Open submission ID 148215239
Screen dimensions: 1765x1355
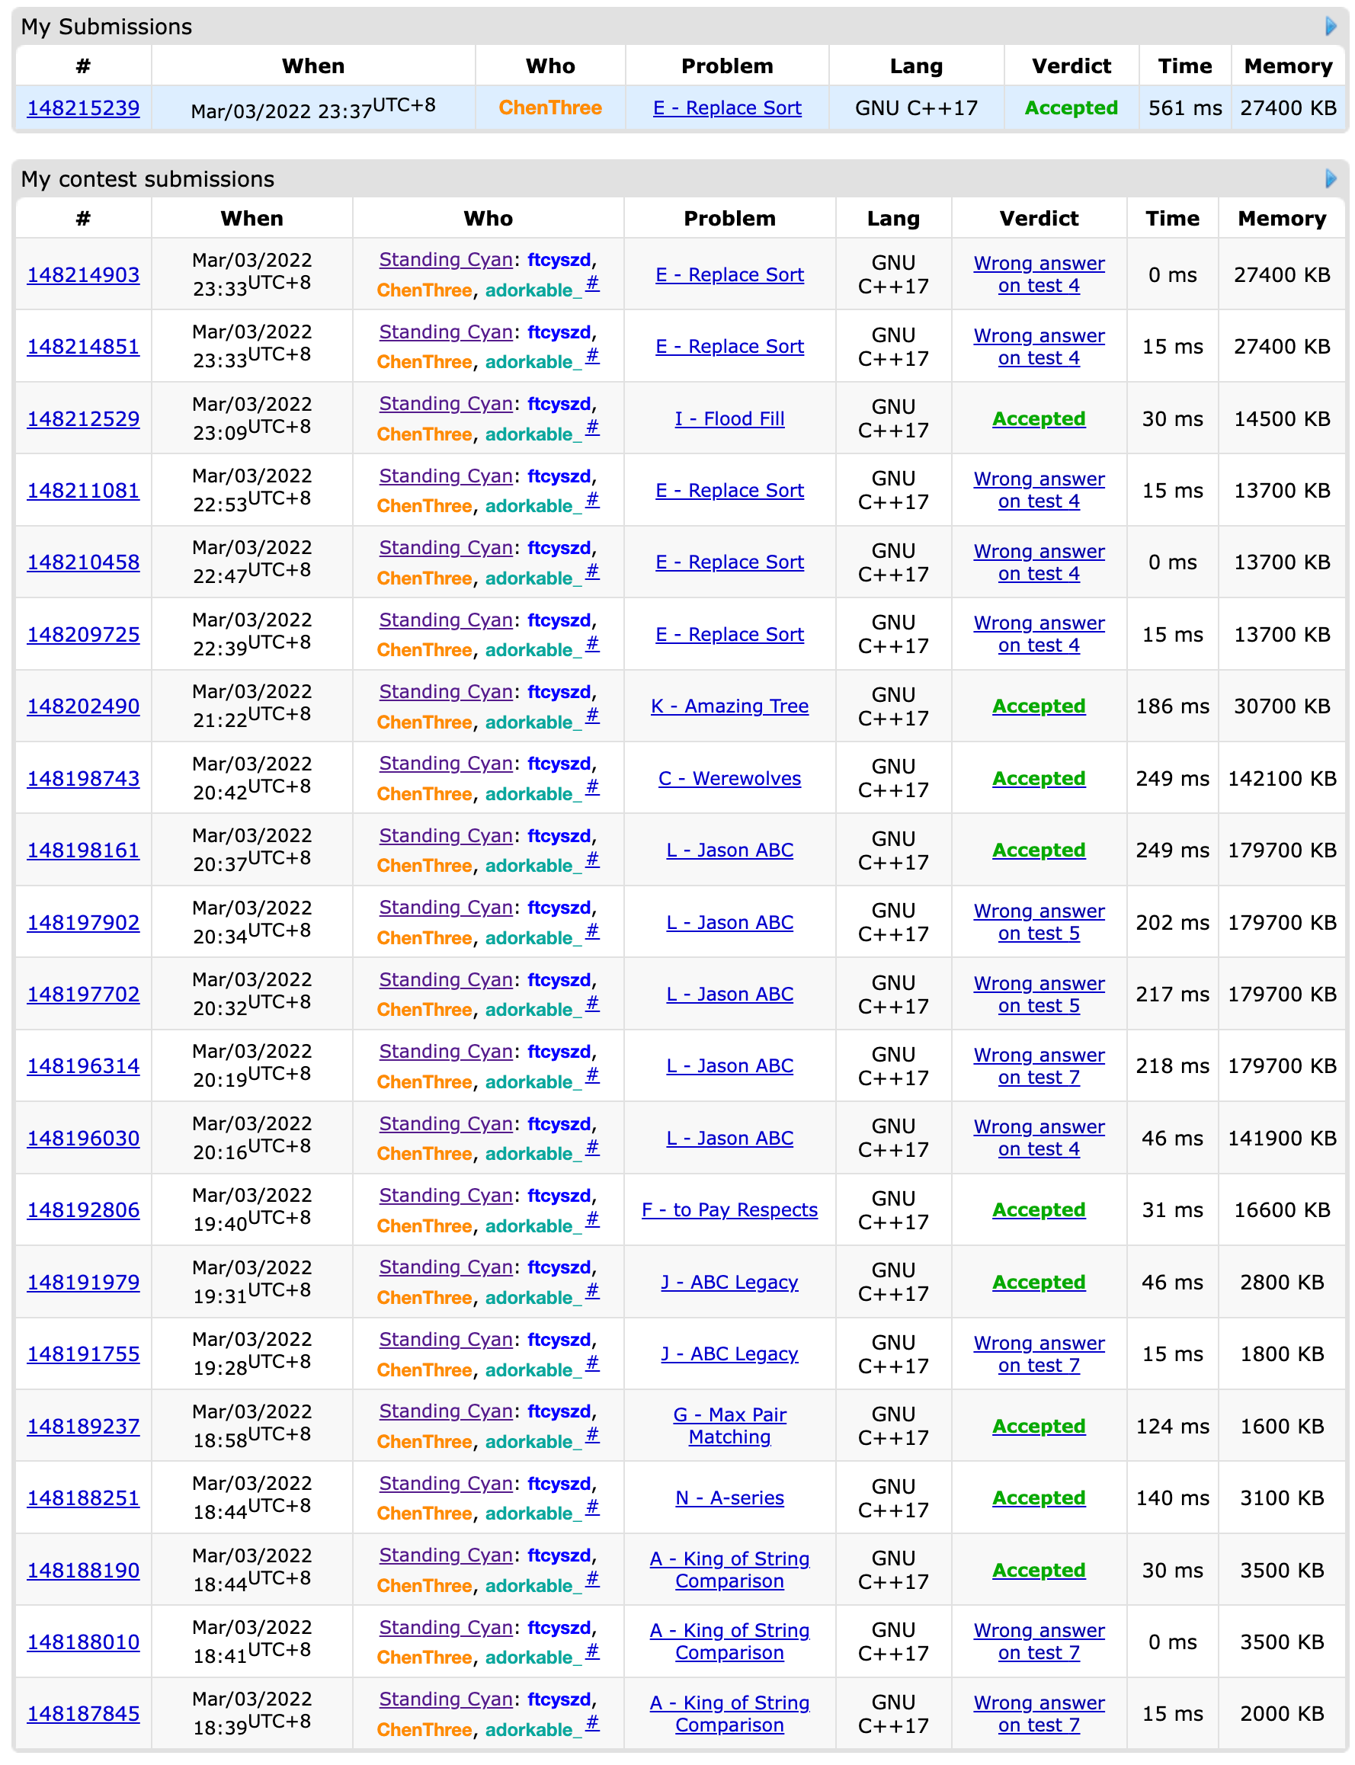click(x=83, y=108)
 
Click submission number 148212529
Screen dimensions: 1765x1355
click(x=83, y=418)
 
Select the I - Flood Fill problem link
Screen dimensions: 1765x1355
click(x=729, y=418)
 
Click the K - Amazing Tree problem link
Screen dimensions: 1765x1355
click(x=729, y=706)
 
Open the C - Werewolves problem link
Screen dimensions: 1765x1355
click(x=729, y=778)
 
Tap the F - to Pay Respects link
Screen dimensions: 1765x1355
click(x=729, y=1210)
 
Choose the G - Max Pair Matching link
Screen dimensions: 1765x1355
click(x=729, y=1425)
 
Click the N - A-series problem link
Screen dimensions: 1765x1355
click(x=729, y=1498)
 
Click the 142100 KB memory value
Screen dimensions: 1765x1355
click(x=1282, y=778)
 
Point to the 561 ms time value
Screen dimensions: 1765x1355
click(x=1185, y=108)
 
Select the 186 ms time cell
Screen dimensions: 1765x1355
click(x=1172, y=706)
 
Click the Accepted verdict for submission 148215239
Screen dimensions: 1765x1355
click(x=1071, y=108)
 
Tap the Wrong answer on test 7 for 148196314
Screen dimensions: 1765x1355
click(x=1039, y=1066)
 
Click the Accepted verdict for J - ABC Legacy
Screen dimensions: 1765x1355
click(x=1039, y=1282)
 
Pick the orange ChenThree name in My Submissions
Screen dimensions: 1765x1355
click(x=550, y=108)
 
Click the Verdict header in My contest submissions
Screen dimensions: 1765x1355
click(x=1039, y=219)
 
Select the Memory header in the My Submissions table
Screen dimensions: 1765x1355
click(x=1288, y=66)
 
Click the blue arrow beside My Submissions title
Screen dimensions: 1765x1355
click(x=1331, y=27)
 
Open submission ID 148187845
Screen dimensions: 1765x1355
click(x=83, y=1713)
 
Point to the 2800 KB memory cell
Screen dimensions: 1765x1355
click(x=1282, y=1282)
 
